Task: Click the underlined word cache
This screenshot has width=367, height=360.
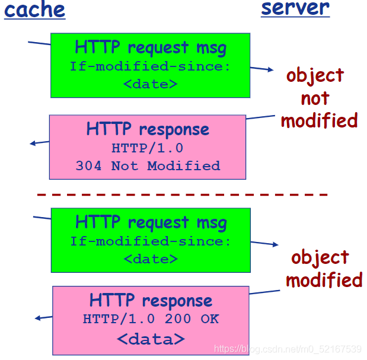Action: coord(34,10)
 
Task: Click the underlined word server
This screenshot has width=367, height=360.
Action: coord(295,8)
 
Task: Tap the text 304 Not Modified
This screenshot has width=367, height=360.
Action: coord(148,166)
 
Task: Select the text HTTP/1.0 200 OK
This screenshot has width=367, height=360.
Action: coord(151,319)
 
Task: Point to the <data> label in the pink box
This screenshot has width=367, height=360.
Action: coord(151,339)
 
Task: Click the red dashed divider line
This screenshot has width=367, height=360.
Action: coord(182,195)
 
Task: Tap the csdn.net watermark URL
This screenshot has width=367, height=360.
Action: coord(288,349)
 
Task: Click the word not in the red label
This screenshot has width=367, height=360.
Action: coord(315,98)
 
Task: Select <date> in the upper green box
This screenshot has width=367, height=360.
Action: coord(150,84)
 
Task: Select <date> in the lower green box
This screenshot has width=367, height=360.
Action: coord(151,259)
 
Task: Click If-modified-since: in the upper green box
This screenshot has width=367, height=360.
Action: coord(150,66)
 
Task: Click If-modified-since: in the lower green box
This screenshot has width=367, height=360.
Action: coord(151,241)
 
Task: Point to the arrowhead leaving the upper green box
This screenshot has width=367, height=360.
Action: coord(271,69)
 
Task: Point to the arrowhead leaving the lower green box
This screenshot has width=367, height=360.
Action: coord(276,244)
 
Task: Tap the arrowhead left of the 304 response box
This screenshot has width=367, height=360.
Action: coord(33,144)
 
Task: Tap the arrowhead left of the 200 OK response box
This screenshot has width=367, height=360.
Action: coord(37,318)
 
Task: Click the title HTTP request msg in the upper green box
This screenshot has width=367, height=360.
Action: coord(151,48)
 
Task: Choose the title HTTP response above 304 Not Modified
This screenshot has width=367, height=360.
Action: coord(148,129)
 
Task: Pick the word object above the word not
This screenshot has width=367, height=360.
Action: coord(315,75)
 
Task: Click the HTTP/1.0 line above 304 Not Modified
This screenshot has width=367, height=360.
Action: coord(148,148)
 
